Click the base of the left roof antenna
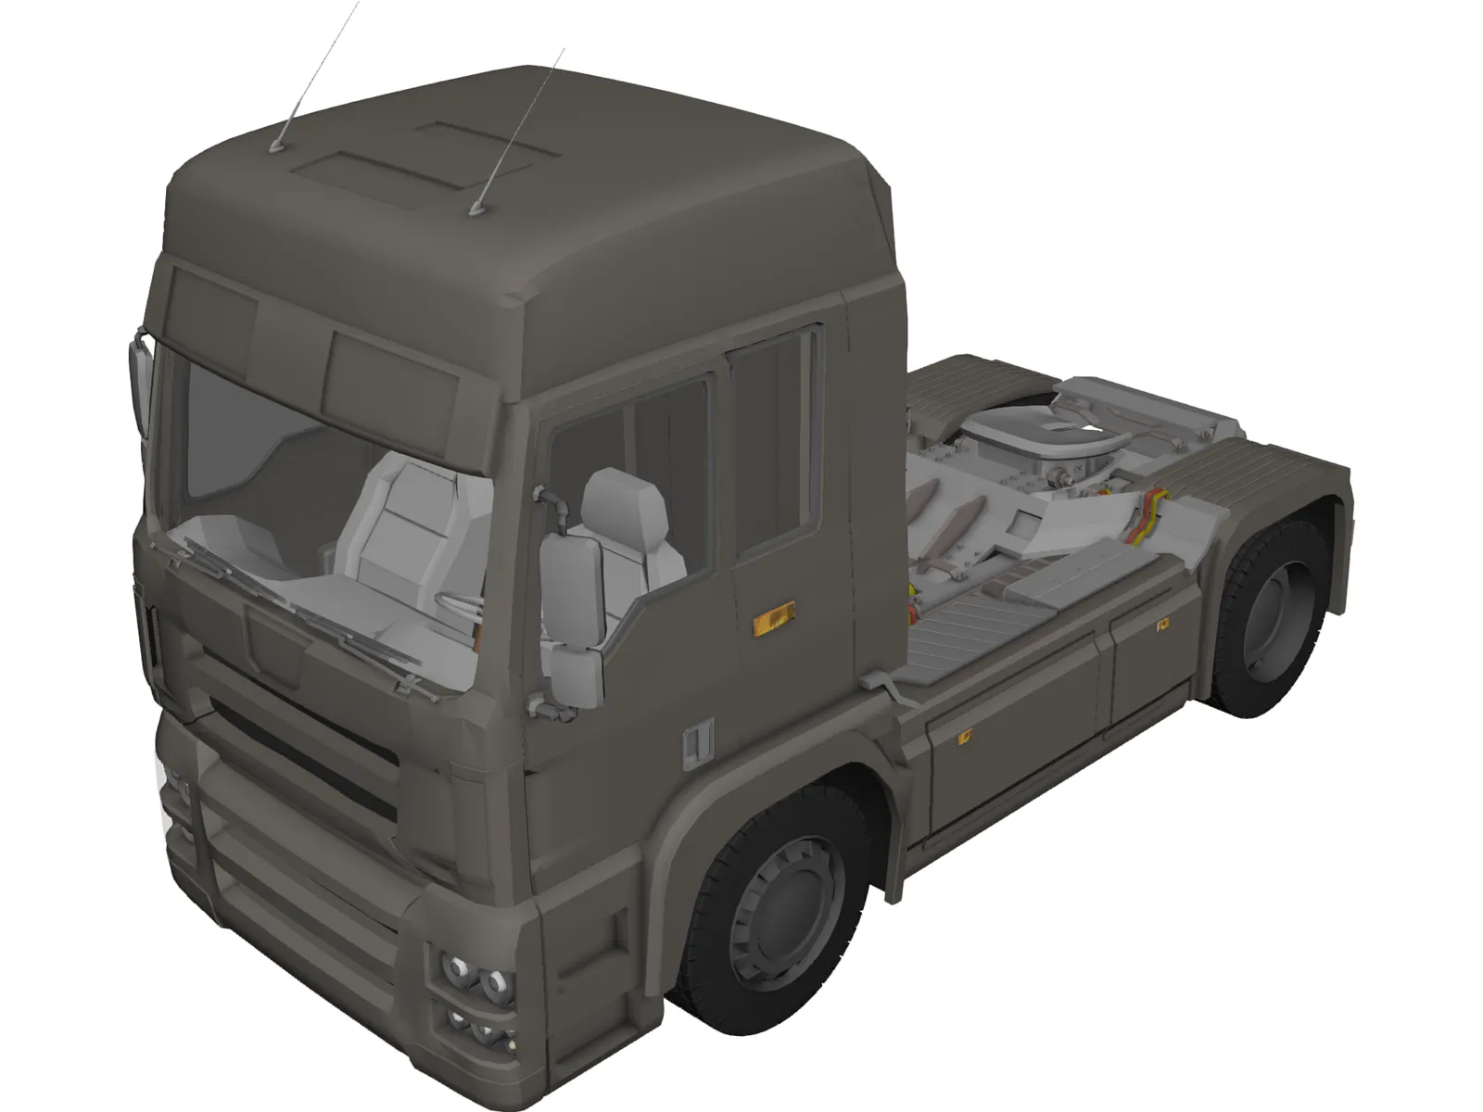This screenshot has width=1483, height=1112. pos(278,145)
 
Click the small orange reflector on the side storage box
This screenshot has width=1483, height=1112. pos(965,739)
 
